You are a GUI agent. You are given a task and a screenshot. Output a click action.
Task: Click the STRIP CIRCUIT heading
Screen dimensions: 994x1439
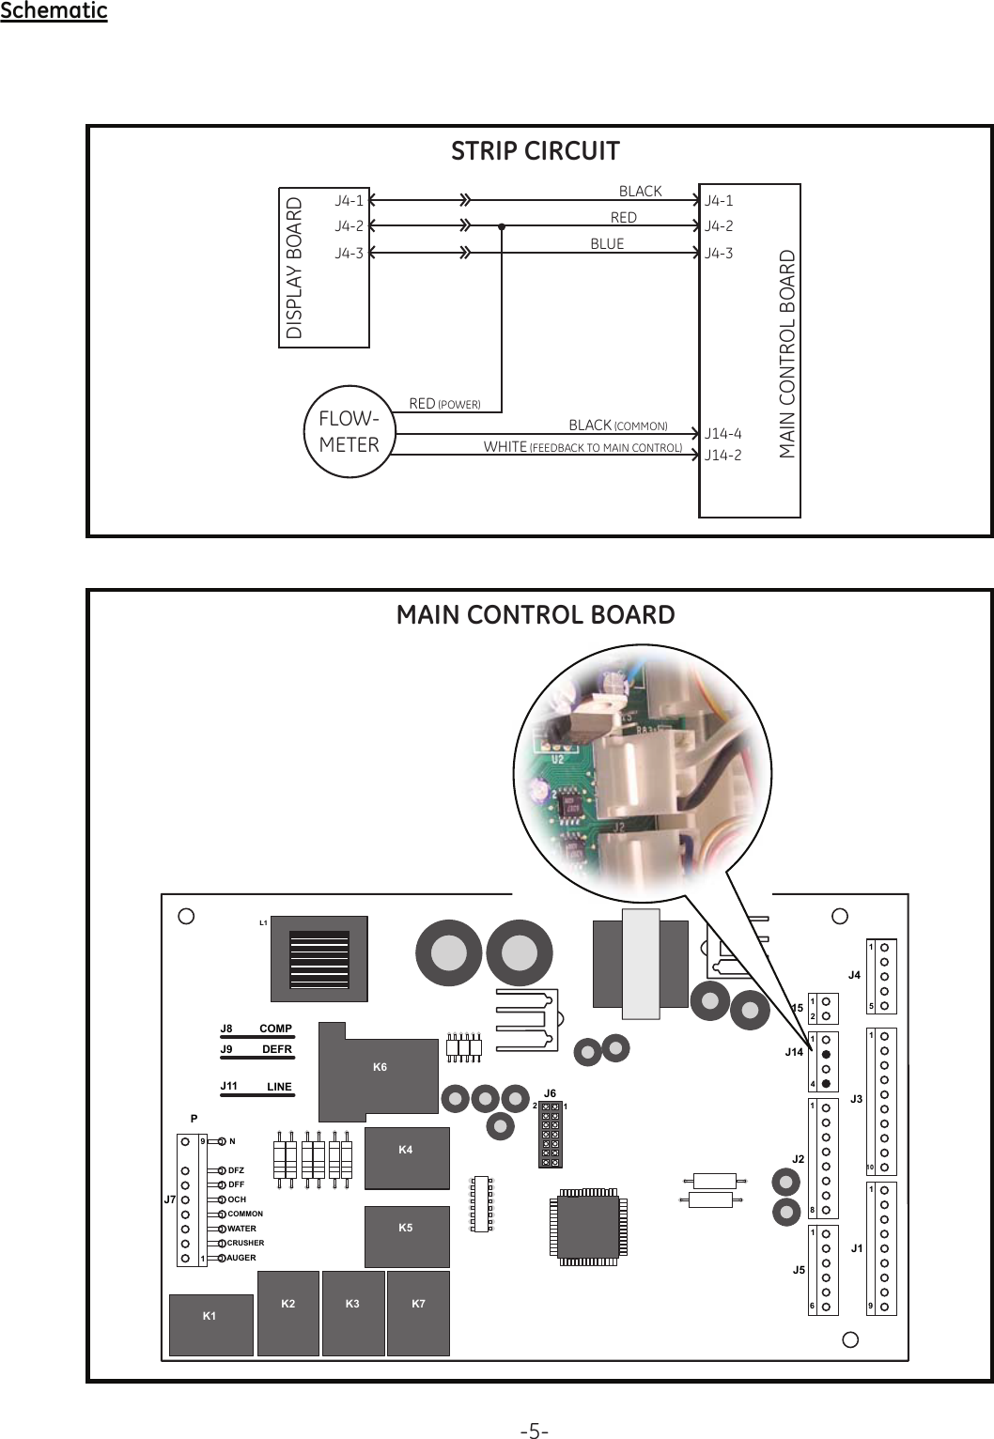pos(535,151)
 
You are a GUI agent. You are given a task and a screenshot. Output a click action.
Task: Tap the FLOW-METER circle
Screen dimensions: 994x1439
pos(349,432)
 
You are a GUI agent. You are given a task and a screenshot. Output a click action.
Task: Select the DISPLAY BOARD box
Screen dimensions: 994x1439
pos(324,268)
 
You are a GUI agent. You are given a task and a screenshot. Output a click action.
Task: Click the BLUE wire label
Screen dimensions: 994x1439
pos(607,244)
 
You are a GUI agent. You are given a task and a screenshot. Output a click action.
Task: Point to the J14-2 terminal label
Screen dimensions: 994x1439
pos(722,456)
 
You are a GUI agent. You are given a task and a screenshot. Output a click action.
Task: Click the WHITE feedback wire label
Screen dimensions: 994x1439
pos(582,447)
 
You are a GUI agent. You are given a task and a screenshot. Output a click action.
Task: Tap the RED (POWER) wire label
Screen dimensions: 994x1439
pos(444,404)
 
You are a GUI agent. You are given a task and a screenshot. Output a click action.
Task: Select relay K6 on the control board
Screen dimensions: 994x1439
pos(380,1067)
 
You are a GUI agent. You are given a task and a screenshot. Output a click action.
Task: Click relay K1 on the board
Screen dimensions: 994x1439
pos(210,1316)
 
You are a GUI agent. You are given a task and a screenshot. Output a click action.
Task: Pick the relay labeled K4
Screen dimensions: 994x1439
pos(406,1150)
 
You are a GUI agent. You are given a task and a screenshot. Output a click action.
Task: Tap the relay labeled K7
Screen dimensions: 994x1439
pos(418,1303)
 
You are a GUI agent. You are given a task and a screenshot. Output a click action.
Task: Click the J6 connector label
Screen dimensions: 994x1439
pos(551,1093)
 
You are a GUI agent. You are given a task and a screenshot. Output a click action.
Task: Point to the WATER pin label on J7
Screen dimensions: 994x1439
pos(241,1229)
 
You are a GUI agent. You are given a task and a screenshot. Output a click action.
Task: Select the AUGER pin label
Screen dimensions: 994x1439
pos(241,1258)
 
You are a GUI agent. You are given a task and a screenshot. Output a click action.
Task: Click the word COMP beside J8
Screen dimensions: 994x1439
pos(275,1029)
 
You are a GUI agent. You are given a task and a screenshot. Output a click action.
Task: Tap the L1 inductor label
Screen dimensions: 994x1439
pos(264,923)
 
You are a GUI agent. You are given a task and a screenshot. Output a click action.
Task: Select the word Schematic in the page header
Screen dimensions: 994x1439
pos(54,11)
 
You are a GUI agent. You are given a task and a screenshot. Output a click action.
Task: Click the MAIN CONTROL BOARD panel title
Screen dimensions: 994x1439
pos(536,615)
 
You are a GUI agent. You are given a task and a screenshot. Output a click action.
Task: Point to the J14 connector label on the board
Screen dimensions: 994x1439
pos(794,1052)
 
